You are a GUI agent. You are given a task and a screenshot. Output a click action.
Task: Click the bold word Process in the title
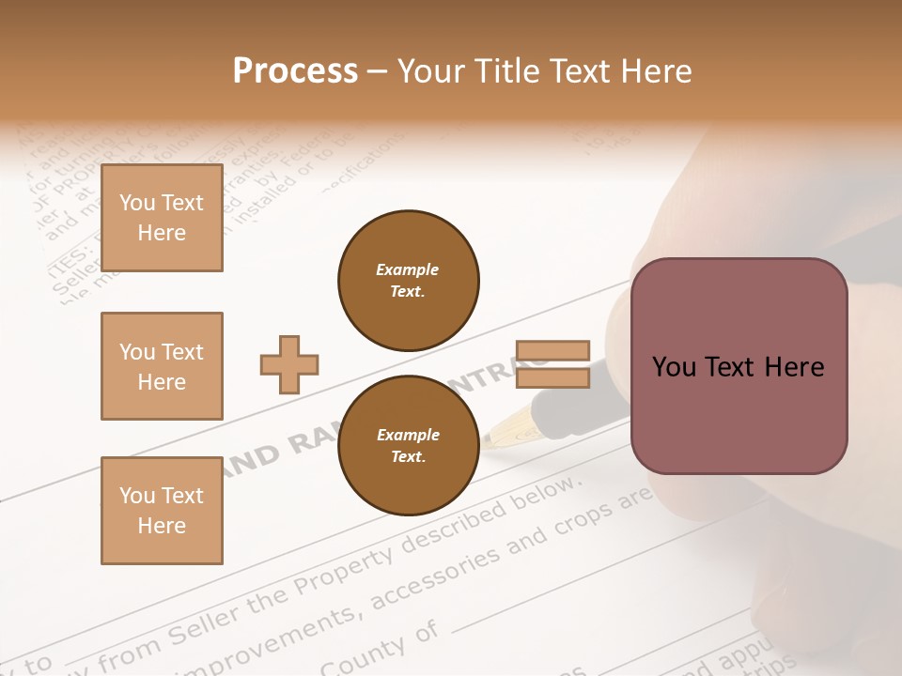pyautogui.click(x=295, y=71)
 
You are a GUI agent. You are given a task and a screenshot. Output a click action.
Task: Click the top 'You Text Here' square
pyautogui.click(x=162, y=218)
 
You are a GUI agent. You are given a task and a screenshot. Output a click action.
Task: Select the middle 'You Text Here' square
pyautogui.click(x=162, y=366)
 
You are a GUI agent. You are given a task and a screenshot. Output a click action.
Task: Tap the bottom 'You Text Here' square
pyautogui.click(x=162, y=511)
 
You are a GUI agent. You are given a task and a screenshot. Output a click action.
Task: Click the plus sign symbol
pyautogui.click(x=289, y=363)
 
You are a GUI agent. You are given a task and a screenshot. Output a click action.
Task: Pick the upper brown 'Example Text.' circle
pyautogui.click(x=409, y=281)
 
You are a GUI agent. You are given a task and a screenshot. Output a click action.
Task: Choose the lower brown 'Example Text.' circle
pyautogui.click(x=409, y=446)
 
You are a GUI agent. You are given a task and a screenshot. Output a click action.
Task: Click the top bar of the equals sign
pyautogui.click(x=552, y=350)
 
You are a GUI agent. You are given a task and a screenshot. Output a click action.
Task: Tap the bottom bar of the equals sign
pyautogui.click(x=552, y=377)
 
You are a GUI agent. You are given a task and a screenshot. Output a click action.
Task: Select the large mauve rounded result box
pyautogui.click(x=739, y=366)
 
